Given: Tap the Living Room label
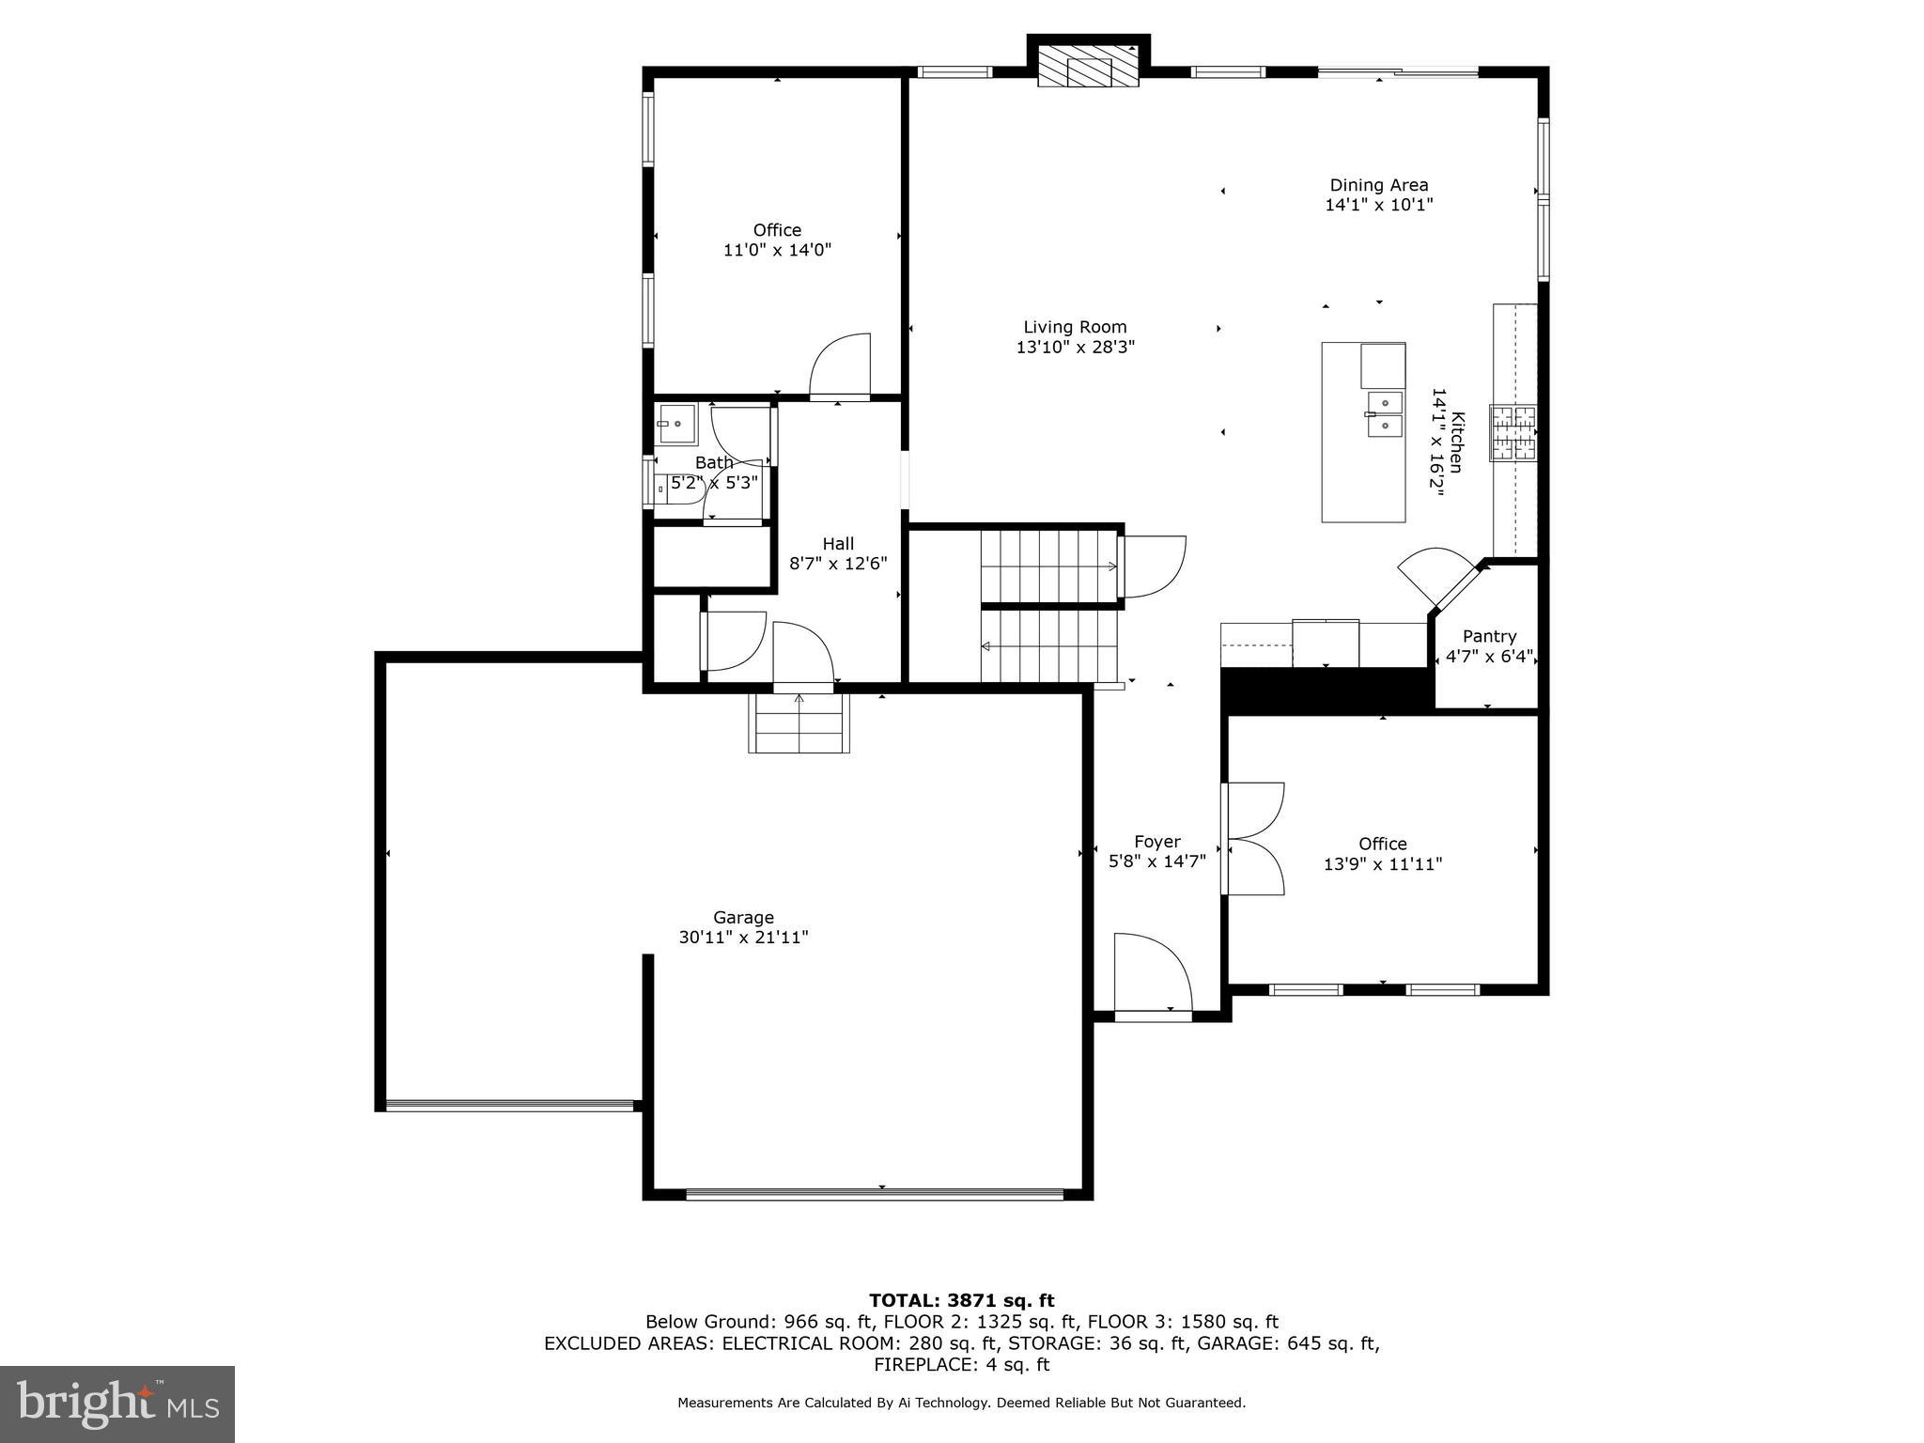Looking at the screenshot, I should click(x=1075, y=327).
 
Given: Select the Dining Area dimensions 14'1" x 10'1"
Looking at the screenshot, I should click(x=1378, y=205).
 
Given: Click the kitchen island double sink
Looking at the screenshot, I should click(x=1384, y=414).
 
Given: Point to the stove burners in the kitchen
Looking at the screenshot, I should click(x=1513, y=432).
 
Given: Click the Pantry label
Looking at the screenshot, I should click(x=1489, y=636).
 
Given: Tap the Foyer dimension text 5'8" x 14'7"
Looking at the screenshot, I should click(x=1156, y=861).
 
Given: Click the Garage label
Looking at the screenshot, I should click(x=743, y=917).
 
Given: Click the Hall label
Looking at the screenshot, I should click(x=838, y=543).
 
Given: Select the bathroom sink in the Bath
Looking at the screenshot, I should click(x=676, y=424).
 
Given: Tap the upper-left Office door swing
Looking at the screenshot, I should click(x=841, y=366).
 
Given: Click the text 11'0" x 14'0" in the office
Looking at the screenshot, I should click(x=777, y=250).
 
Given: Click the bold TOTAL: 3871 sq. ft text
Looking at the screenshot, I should click(x=961, y=1300).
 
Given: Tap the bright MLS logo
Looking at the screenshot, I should click(x=117, y=1404).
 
